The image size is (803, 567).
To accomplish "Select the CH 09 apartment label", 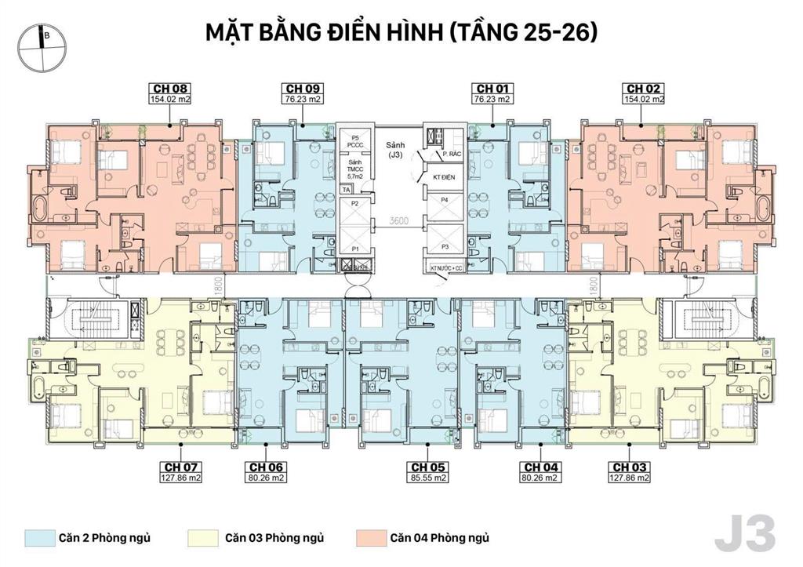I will tap(303, 89).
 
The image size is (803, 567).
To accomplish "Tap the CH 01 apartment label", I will tap(492, 89).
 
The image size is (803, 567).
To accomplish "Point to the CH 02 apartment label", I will tap(643, 89).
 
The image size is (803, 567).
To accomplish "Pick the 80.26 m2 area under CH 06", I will tap(266, 478).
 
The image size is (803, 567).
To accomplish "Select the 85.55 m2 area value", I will tap(427, 478).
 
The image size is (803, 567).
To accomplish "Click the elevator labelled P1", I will tap(355, 249).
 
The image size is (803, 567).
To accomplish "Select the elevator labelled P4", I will tap(444, 201).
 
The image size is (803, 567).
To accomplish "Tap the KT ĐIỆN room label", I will tap(444, 178).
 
